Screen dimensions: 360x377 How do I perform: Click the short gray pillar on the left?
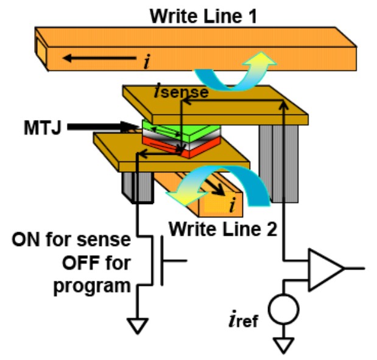[139, 185]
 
